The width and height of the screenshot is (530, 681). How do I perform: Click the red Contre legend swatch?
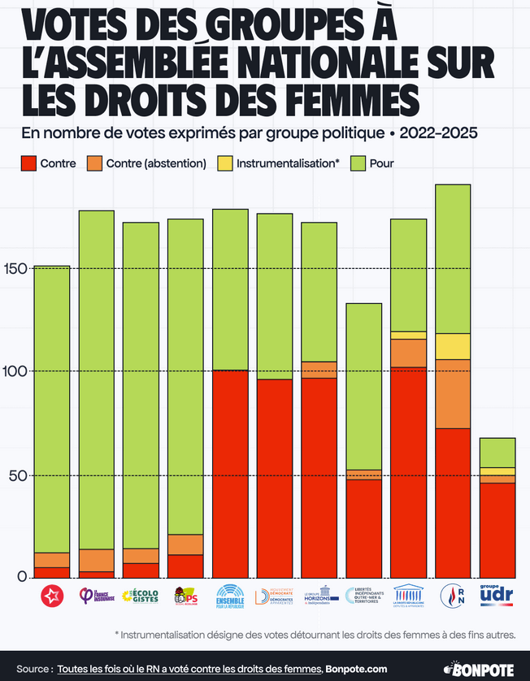[x=28, y=163]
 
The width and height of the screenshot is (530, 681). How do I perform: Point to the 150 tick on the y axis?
[x=17, y=269]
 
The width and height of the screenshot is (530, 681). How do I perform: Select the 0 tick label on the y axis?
[x=23, y=578]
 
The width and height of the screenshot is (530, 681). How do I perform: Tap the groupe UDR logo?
[x=497, y=596]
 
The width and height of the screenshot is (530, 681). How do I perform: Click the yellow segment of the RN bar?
[x=453, y=346]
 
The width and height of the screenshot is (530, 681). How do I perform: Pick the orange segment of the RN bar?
[x=453, y=394]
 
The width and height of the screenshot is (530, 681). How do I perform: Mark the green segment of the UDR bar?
[x=497, y=453]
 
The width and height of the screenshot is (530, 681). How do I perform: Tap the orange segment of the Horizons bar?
[x=319, y=370]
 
